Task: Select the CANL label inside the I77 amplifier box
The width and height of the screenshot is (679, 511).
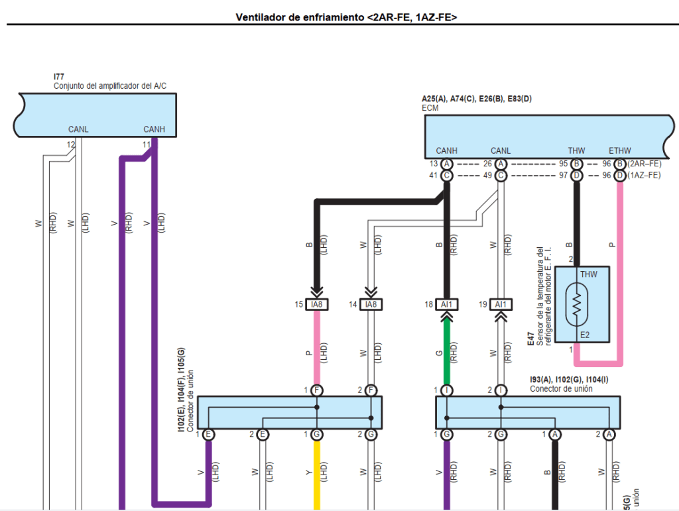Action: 78,129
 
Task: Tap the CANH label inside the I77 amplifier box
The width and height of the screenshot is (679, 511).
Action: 154,129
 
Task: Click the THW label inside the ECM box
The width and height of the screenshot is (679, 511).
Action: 576,151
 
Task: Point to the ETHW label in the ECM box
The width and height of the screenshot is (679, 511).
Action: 620,151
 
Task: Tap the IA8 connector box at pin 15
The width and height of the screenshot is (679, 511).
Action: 317,304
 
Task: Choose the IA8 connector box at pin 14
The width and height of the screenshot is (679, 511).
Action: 371,304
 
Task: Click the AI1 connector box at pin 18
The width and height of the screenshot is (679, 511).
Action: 447,304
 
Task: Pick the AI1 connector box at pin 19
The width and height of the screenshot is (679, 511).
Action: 501,304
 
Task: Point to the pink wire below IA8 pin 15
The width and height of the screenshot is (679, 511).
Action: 317,348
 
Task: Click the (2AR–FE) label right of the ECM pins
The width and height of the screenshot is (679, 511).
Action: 645,164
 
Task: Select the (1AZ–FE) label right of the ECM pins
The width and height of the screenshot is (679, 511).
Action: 645,176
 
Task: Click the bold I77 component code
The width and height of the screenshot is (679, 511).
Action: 58,78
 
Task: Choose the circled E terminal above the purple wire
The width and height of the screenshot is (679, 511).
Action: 208,435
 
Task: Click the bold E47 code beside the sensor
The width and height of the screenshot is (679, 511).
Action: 530,341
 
